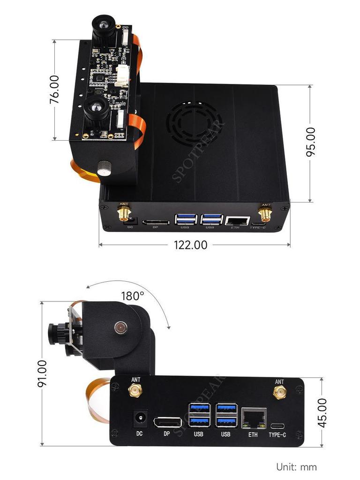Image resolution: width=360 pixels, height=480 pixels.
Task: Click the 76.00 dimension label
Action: click(x=55, y=89)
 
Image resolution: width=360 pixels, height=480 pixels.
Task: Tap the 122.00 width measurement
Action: click(x=190, y=245)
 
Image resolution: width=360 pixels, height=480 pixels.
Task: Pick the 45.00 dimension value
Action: click(x=322, y=412)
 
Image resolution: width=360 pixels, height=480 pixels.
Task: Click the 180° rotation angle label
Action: click(x=132, y=296)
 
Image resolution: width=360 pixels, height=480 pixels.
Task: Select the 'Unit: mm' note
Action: click(x=296, y=467)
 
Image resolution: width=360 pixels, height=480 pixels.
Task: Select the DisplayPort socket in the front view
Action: click(x=166, y=421)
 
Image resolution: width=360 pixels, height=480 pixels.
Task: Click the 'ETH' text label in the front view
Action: click(x=253, y=435)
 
